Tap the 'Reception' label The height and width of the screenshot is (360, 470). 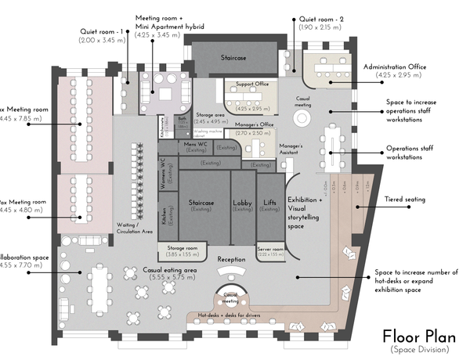(x=232, y=258)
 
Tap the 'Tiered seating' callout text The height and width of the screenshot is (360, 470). (x=405, y=200)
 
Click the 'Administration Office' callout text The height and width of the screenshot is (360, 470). (x=395, y=67)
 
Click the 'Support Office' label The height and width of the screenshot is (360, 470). (x=252, y=83)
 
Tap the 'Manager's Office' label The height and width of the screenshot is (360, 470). (x=254, y=124)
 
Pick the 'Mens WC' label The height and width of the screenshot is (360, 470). (x=195, y=145)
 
